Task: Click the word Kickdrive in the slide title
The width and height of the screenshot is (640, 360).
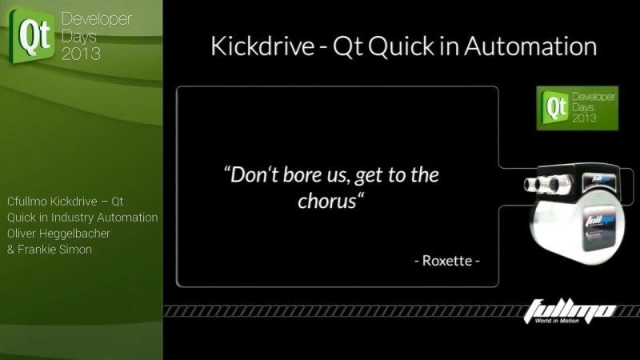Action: pyautogui.click(x=262, y=46)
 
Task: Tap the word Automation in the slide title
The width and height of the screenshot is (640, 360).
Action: pyautogui.click(x=530, y=46)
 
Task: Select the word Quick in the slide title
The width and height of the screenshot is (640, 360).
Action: pyautogui.click(x=402, y=46)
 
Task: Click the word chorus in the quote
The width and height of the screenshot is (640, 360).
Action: pyautogui.click(x=327, y=201)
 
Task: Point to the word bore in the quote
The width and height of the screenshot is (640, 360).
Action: pyautogui.click(x=302, y=175)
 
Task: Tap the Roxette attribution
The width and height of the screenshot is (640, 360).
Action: pyautogui.click(x=447, y=261)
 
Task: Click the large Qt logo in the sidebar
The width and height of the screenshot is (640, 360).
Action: pyautogui.click(x=32, y=36)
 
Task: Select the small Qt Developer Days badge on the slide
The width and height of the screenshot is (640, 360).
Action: pyautogui.click(x=577, y=108)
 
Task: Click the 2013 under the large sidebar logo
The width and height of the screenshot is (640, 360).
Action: pyautogui.click(x=81, y=54)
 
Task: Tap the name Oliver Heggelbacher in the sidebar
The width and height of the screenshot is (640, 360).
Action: pyautogui.click(x=58, y=234)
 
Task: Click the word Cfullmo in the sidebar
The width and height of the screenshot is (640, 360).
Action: pyautogui.click(x=27, y=202)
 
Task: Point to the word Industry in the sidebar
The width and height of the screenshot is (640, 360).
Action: pyautogui.click(x=72, y=218)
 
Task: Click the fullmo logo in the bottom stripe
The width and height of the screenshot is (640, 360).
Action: pyautogui.click(x=569, y=310)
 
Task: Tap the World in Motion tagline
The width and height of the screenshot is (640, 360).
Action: pyautogui.click(x=557, y=321)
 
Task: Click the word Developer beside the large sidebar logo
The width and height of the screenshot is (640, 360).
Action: pyautogui.click(x=97, y=19)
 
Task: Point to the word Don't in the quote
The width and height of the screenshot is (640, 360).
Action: pyautogui.click(x=250, y=175)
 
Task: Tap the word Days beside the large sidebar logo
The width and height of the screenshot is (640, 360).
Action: pyautogui.click(x=78, y=37)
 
